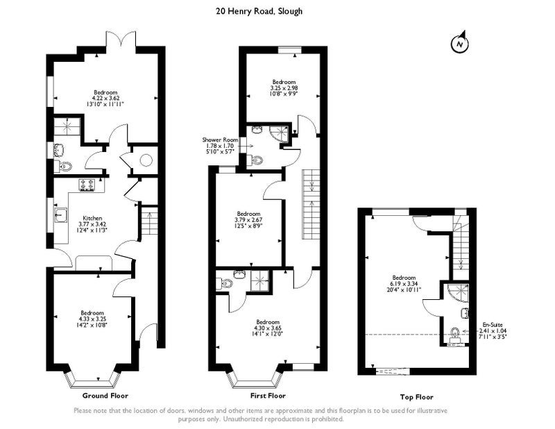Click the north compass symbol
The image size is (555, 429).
point(459,43)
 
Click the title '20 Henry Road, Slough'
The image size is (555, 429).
point(259,11)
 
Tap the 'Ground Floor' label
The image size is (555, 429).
point(105,396)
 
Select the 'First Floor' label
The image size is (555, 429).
point(268,396)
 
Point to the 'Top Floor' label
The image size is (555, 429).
point(417,397)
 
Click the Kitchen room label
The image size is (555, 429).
point(92,218)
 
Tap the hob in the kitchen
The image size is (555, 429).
point(87,185)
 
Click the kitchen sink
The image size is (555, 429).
point(61,214)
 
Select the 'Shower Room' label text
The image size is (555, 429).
point(220,140)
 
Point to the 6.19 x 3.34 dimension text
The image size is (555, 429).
point(404,284)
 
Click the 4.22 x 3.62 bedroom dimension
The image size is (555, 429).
point(105,98)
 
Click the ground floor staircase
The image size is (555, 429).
point(149,224)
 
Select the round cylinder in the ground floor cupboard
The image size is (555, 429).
point(146,160)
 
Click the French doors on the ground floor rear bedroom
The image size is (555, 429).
point(121,40)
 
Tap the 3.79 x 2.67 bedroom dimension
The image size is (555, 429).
point(249,219)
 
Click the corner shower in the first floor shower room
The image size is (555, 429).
point(280,133)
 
